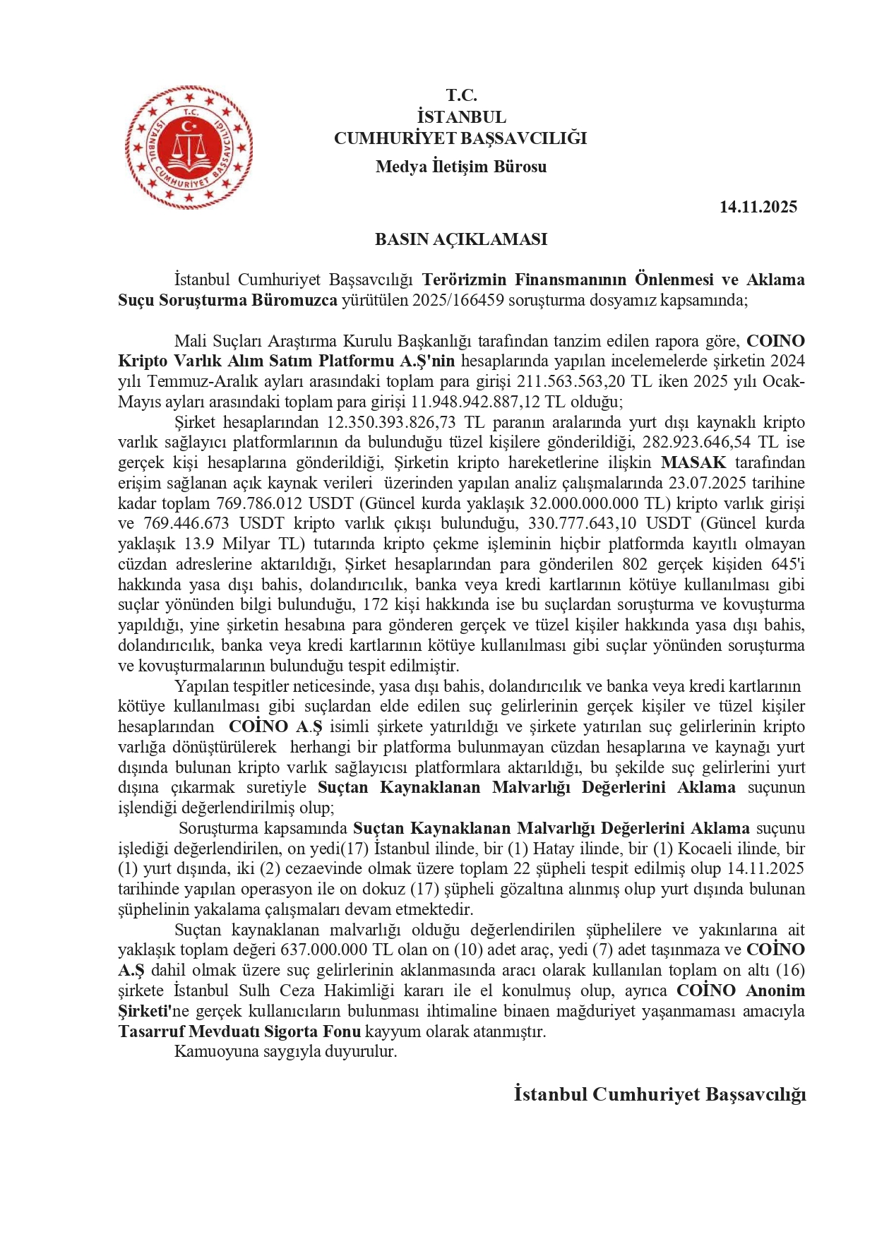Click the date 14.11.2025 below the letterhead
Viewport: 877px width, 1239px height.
758,207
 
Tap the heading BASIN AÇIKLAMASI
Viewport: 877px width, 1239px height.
460,239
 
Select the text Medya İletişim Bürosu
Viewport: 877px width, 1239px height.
460,167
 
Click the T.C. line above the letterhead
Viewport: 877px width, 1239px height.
460,95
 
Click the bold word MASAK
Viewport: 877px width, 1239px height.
693,463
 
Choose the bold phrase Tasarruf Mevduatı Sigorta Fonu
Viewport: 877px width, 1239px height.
239,1031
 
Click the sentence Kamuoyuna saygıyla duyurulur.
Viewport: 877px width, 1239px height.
285,1052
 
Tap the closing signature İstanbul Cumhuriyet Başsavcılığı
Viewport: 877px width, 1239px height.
660,1095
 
